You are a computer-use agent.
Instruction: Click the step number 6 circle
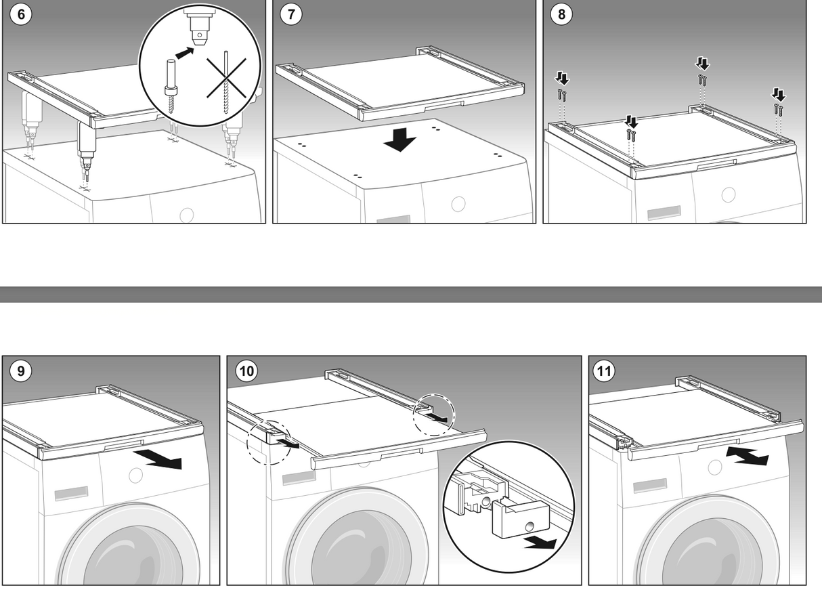[x=22, y=15]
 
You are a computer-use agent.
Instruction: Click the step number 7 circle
[x=291, y=15]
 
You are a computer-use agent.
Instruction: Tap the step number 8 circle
[x=561, y=15]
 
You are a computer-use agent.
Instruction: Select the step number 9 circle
[x=21, y=371]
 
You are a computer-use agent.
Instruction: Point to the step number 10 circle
[x=245, y=371]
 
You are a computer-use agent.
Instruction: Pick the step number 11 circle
[x=603, y=371]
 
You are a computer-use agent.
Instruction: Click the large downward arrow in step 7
[x=400, y=140]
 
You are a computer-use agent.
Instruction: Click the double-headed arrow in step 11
[x=746, y=454]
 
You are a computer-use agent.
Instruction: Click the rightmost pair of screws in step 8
[x=779, y=108]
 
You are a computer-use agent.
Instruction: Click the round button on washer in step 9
[x=136, y=474]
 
